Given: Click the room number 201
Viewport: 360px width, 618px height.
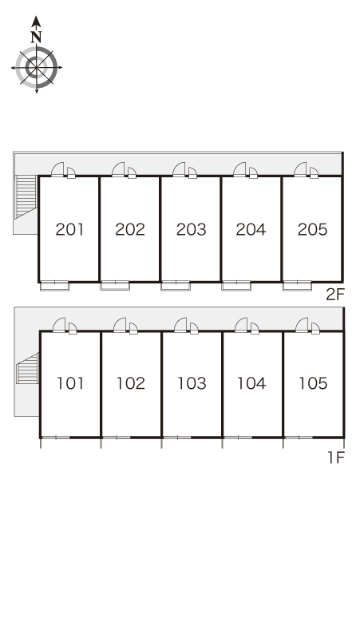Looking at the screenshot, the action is tap(69, 229).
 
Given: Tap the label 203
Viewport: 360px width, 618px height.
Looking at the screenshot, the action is tap(191, 229).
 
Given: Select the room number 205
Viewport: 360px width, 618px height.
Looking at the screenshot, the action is tap(312, 229).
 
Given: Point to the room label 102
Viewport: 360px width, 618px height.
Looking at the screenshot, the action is tap(131, 383).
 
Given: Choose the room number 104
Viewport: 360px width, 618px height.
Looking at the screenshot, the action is tap(251, 383).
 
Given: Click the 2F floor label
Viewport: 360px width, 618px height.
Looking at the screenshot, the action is tap(335, 295).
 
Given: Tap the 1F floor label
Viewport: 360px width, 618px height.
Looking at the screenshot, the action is tap(336, 458).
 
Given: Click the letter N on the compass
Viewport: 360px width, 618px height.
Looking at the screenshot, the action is tap(36, 37).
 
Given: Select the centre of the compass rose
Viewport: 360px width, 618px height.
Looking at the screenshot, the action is tap(37, 67).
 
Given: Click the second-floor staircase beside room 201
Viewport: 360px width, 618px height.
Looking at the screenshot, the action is tap(26, 196).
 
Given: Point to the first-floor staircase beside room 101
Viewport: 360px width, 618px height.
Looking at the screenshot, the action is tap(28, 369).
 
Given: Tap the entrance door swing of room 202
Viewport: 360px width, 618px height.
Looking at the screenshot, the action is tap(118, 169).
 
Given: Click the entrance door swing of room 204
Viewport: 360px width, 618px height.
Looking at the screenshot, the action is tap(239, 169).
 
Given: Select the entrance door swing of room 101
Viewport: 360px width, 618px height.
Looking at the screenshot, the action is tap(59, 325).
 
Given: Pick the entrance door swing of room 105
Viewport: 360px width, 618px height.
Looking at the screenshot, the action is tap(302, 325).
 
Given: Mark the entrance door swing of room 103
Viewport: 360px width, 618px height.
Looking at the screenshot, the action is tap(180, 325).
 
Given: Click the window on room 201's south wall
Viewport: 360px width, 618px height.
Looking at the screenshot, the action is tap(55, 285).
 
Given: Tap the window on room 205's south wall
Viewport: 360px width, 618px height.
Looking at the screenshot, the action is tap(297, 285).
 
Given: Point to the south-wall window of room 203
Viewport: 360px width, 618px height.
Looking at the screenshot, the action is tap(176, 285).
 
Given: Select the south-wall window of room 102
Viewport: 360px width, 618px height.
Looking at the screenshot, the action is tap(117, 437).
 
